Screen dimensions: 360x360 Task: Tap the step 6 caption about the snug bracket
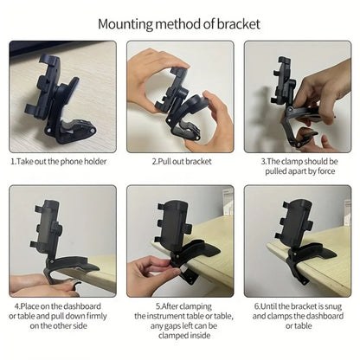coord(298,315)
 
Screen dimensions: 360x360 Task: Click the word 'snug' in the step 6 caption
coord(339,305)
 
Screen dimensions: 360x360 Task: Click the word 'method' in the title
coord(182,23)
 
